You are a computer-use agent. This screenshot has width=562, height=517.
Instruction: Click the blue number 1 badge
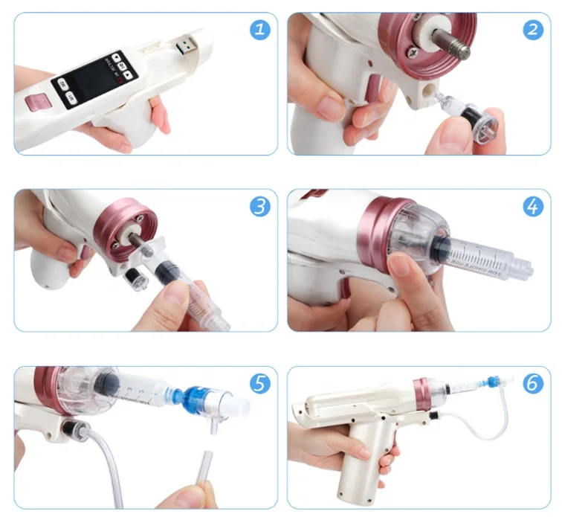point(258,30)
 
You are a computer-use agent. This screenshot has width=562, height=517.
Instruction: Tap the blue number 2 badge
point(532,30)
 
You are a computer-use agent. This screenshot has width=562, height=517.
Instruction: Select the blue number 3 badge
point(258,206)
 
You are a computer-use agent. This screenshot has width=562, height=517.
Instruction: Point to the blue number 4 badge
point(532,206)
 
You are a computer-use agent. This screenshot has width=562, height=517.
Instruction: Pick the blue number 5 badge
point(258,384)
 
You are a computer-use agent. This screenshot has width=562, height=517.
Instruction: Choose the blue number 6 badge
point(532,384)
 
